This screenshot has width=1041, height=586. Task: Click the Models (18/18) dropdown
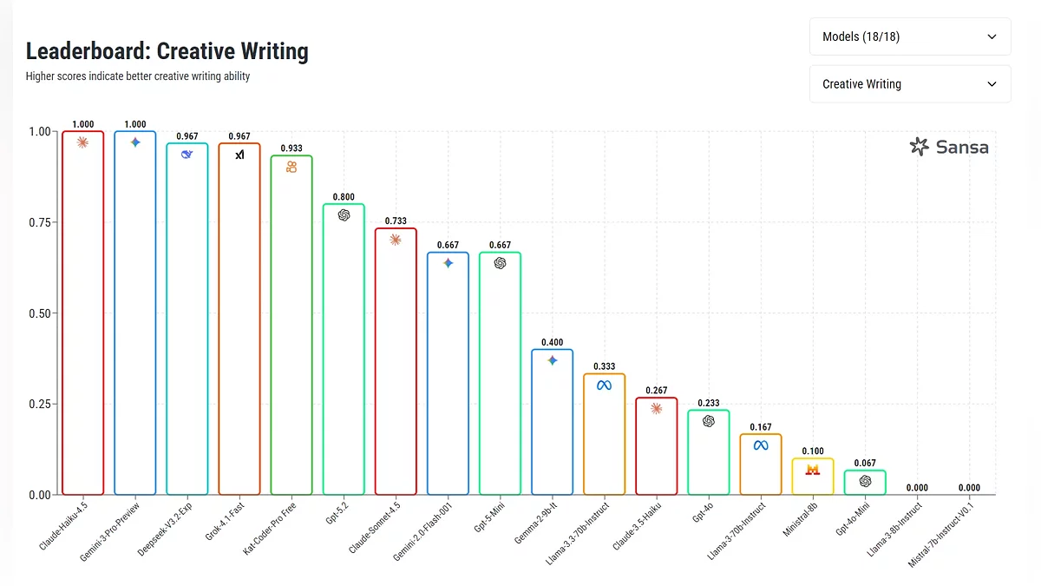[x=909, y=37]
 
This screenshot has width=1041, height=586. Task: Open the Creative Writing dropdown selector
[x=909, y=84]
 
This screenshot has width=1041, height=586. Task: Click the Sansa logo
[x=949, y=147]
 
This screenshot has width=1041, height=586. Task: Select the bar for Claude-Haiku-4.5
[x=83, y=313]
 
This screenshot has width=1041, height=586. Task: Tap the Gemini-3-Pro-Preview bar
[x=135, y=313]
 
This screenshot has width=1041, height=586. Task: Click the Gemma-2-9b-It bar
[x=552, y=422]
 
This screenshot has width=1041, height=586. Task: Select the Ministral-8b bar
[x=812, y=477]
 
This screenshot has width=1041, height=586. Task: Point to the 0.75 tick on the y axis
[x=40, y=222]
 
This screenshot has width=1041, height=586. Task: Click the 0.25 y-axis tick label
[x=40, y=404]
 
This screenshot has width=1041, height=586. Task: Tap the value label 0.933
[x=291, y=148]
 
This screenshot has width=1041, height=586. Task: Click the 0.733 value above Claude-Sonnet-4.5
[x=396, y=221]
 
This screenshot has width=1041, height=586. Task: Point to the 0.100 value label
[x=813, y=451]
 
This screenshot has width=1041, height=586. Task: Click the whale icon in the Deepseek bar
[x=187, y=155]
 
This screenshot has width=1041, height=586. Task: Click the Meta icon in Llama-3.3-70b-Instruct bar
[x=604, y=385]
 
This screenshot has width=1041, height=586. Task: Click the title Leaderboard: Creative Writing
[x=167, y=51]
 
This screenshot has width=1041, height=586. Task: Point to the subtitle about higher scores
[x=138, y=76]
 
